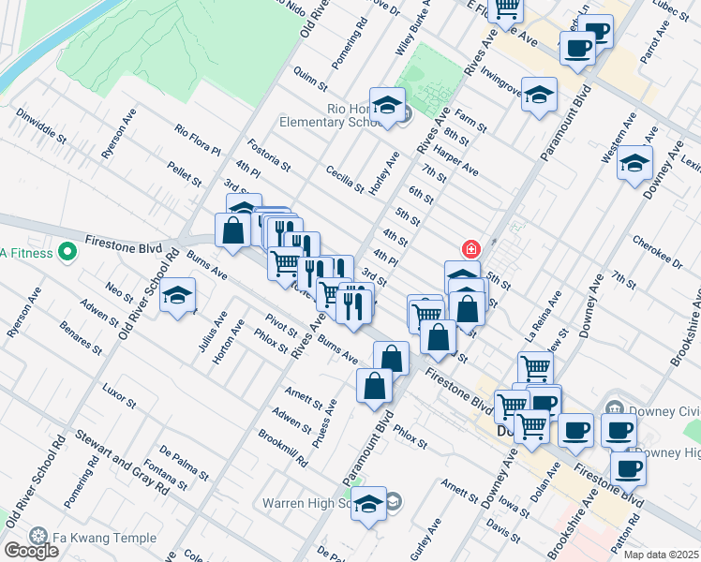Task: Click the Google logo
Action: pyautogui.click(x=31, y=551)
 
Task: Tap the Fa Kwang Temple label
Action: pyautogui.click(x=87, y=536)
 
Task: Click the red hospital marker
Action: pyautogui.click(x=470, y=249)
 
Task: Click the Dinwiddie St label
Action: pyautogui.click(x=41, y=125)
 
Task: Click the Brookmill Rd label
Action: pyautogui.click(x=283, y=448)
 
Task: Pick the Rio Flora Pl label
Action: pyautogui.click(x=197, y=138)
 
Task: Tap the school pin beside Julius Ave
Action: pyautogui.click(x=177, y=297)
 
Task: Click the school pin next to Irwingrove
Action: pyautogui.click(x=539, y=95)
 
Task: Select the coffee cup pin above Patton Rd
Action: pyautogui.click(x=628, y=467)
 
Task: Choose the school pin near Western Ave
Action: pyautogui.click(x=634, y=164)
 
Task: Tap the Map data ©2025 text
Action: pyautogui.click(x=662, y=555)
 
